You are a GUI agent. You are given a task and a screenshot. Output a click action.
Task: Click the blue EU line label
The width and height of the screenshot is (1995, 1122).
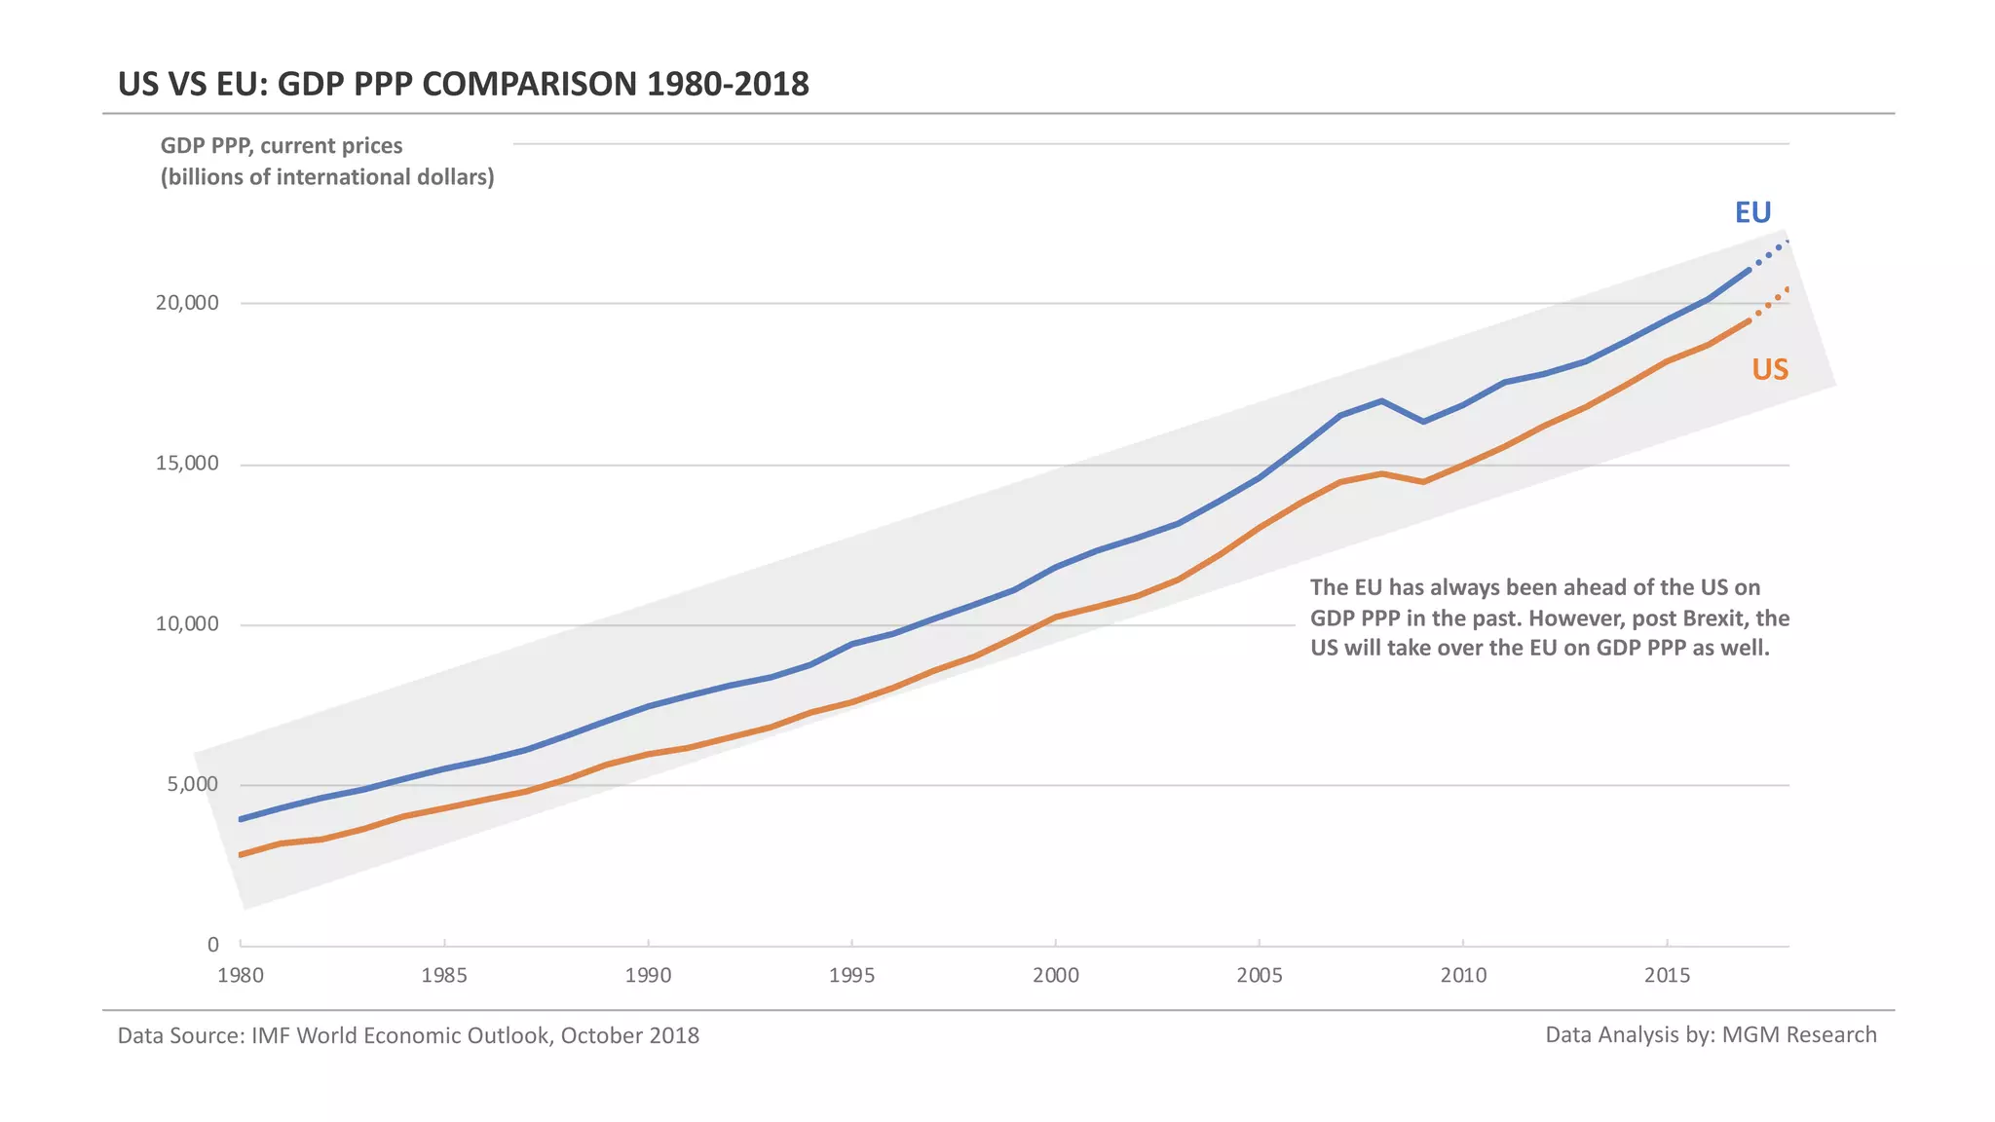point(1752,212)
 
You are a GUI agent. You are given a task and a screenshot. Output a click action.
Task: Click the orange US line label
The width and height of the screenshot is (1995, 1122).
point(1770,370)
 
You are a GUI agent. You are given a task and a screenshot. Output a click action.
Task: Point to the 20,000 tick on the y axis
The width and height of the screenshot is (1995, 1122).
point(187,303)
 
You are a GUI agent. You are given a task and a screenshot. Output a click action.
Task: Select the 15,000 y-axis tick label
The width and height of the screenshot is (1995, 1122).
point(187,464)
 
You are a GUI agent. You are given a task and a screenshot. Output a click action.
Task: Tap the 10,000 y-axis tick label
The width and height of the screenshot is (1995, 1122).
point(187,624)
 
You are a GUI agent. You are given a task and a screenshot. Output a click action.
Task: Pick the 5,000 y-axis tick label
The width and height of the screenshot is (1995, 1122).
point(193,785)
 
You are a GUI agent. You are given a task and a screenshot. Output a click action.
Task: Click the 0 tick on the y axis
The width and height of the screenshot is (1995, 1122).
point(213,945)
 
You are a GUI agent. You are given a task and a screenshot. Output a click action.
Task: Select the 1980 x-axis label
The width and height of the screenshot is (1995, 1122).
point(241,976)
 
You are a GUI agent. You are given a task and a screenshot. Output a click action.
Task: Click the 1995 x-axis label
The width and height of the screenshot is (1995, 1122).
point(851,976)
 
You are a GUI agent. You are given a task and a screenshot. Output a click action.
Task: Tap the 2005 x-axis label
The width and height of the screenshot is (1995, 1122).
point(1260,976)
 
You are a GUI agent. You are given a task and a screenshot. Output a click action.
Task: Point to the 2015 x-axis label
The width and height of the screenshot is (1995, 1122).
point(1667,976)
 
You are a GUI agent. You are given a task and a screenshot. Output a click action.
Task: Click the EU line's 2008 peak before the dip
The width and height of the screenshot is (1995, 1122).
point(1382,400)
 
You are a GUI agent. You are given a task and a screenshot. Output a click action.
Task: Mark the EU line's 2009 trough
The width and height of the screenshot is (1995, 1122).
point(1423,422)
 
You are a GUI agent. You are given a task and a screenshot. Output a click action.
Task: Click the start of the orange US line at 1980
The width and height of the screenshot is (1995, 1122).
point(242,855)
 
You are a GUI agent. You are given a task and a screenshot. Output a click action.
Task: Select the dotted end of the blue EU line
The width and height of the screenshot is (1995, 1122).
point(1774,251)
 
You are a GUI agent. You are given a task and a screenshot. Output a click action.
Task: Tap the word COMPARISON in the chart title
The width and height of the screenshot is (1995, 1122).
point(530,84)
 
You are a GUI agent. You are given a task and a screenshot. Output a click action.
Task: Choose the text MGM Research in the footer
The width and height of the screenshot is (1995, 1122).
point(1799,1034)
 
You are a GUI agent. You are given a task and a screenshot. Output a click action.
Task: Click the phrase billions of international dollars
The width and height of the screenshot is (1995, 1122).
point(327,177)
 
